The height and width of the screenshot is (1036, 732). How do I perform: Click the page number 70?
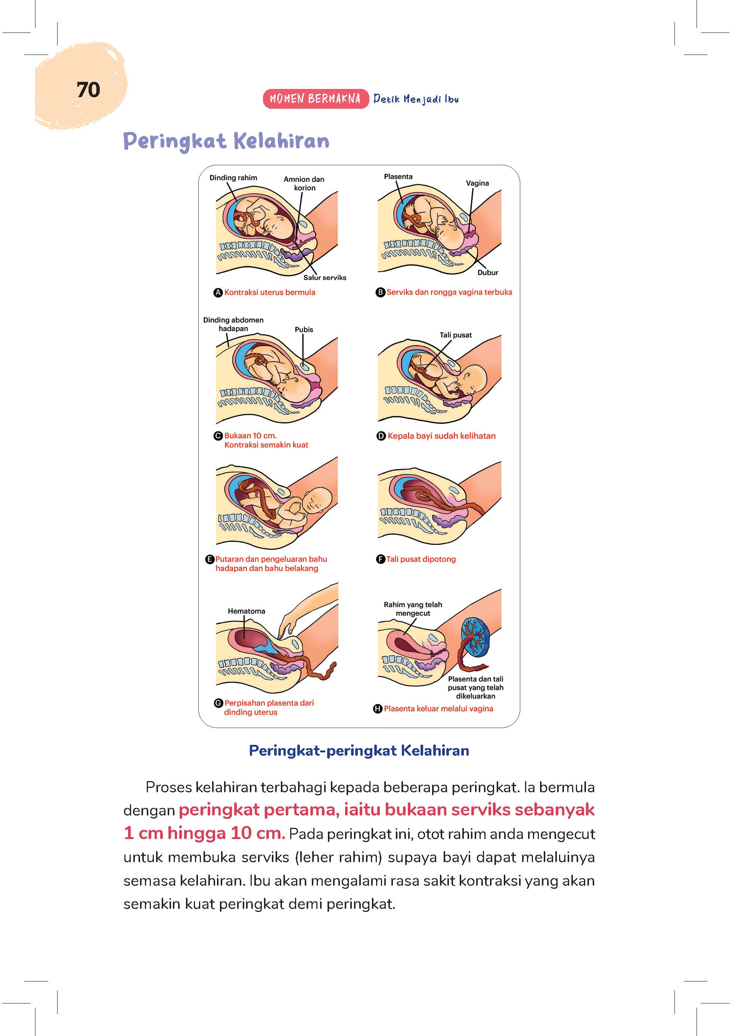(x=89, y=90)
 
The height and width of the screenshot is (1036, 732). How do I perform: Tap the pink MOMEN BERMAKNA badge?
(x=315, y=99)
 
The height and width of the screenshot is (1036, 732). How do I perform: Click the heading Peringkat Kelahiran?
(x=226, y=141)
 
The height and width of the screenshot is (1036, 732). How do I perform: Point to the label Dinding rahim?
(x=233, y=178)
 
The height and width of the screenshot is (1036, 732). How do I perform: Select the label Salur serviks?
(x=325, y=277)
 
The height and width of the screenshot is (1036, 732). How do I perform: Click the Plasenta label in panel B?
(x=398, y=176)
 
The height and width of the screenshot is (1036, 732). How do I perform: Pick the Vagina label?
(x=477, y=183)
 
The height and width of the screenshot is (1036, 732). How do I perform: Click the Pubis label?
(x=304, y=329)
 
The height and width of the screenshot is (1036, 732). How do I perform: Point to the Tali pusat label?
(x=456, y=335)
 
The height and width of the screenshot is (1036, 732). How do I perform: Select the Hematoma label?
(x=246, y=611)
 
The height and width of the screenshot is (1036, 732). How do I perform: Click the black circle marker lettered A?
(x=218, y=292)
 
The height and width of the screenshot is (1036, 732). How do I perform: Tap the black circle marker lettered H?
(x=378, y=709)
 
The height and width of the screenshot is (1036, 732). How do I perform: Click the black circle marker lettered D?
(x=381, y=436)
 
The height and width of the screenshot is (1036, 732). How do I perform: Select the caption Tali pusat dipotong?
(x=421, y=559)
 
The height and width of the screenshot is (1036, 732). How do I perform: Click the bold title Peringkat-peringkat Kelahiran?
(x=359, y=750)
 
